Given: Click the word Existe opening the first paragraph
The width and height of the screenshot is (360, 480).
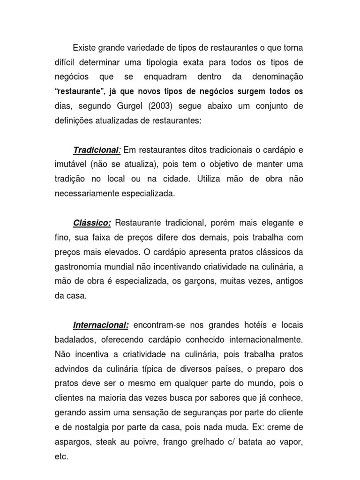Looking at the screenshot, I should point(85,48).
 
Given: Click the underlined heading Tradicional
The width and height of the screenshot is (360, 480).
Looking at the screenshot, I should point(96,150).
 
